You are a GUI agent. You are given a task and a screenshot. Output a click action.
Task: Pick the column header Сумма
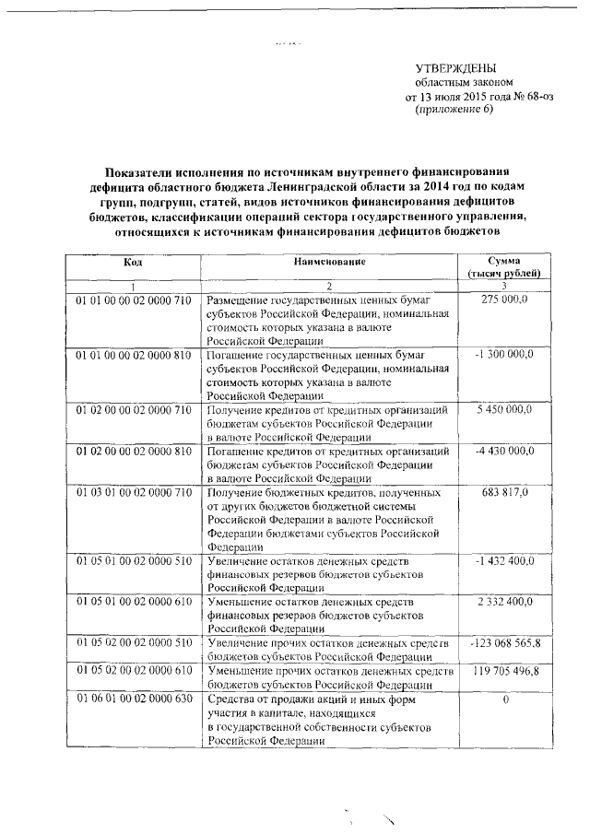click(511, 263)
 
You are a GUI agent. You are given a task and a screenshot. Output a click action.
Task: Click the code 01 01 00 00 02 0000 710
click(133, 300)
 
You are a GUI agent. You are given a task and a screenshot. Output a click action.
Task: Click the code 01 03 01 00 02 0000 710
click(133, 493)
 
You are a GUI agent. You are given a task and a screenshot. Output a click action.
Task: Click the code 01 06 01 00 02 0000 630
click(133, 699)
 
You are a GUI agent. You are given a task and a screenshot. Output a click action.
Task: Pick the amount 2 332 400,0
click(507, 601)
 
